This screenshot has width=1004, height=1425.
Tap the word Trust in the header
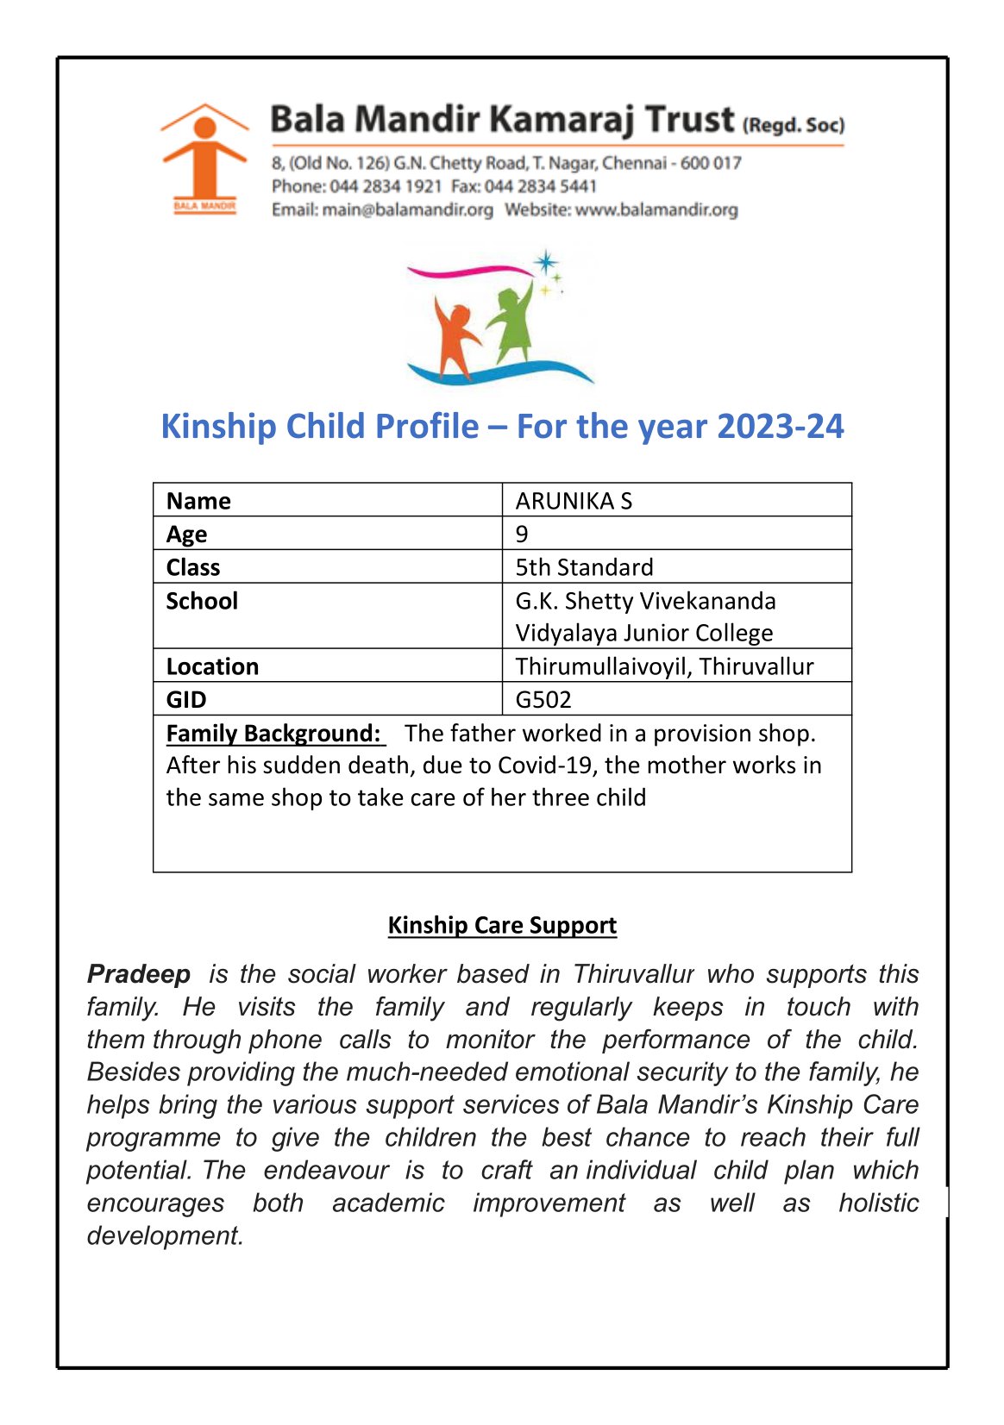click(x=690, y=119)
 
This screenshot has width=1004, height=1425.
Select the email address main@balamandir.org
click(x=407, y=209)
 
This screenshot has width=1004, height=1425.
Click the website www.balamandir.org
click(x=656, y=209)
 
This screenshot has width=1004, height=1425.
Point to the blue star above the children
click(x=545, y=262)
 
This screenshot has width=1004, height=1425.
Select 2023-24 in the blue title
click(x=780, y=427)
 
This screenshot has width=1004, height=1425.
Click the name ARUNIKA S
click(x=574, y=501)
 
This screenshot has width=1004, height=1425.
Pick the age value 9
click(x=522, y=534)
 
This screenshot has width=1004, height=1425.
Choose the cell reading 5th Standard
click(x=584, y=567)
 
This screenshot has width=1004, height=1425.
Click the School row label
click(x=202, y=601)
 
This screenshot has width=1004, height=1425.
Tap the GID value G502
click(x=543, y=699)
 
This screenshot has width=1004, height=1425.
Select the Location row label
click(x=212, y=666)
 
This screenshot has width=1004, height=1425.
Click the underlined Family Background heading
click(x=273, y=733)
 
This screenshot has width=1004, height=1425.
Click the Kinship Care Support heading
click(x=502, y=925)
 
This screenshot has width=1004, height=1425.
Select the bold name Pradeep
click(x=139, y=974)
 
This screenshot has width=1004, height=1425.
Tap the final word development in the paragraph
click(x=164, y=1235)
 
